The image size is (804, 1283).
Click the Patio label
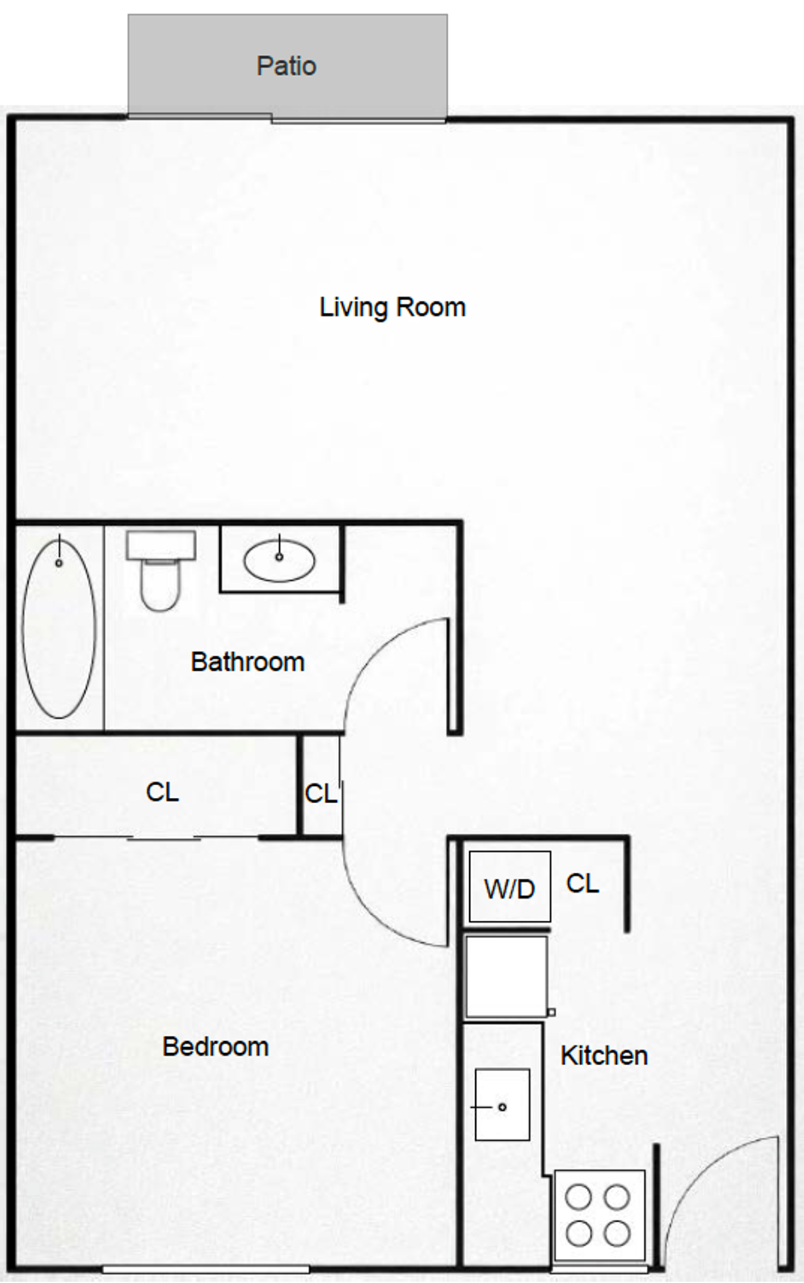(286, 66)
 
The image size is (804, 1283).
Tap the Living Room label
(392, 307)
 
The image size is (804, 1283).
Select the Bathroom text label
(247, 662)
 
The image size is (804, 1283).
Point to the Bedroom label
(215, 1046)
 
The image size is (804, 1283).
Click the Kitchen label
(604, 1056)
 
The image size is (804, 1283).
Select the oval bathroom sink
(279, 561)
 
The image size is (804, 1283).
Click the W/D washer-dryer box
(510, 887)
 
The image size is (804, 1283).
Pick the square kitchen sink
(502, 1105)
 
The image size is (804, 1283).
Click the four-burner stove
(599, 1216)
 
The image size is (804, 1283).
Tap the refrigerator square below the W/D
(507, 976)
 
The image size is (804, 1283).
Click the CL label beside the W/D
(582, 883)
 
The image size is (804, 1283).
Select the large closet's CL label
(162, 793)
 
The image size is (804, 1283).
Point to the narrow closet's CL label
(321, 794)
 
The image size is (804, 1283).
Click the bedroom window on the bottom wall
(206, 1268)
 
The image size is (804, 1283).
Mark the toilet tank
(160, 545)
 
